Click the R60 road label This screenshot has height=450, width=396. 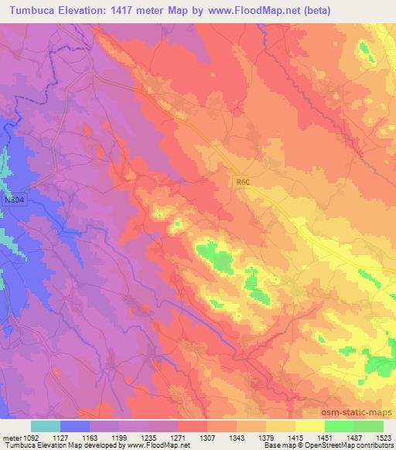[x=244, y=182]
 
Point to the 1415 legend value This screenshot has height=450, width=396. [x=294, y=436]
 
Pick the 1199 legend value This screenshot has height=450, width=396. [x=119, y=436]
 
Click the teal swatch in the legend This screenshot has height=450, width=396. [x=46, y=426]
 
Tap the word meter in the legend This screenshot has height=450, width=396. [x=10, y=436]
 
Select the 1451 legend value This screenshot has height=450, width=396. [x=323, y=436]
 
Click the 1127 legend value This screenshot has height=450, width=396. [x=61, y=436]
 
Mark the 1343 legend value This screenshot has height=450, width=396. [x=236, y=436]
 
